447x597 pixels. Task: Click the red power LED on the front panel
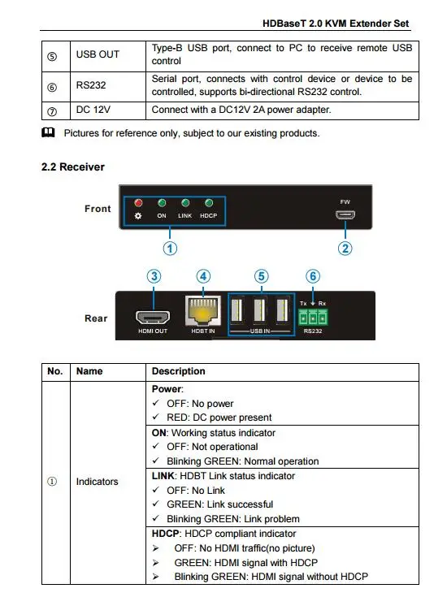138,203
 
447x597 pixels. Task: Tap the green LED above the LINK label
185,203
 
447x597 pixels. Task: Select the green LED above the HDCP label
209,203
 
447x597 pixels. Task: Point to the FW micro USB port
345,215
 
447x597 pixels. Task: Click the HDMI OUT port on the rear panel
153,317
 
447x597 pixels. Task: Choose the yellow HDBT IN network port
203,311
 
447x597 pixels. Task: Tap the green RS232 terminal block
313,317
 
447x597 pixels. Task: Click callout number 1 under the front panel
170,249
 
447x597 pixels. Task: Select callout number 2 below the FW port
345,249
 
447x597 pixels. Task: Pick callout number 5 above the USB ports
262,276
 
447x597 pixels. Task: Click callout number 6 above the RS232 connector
313,276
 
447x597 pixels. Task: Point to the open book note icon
48,132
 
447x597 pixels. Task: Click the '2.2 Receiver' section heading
73,167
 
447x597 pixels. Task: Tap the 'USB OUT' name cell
98,54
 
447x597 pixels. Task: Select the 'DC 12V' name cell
93,110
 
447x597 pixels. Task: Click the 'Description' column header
178,371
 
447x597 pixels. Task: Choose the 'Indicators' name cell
98,482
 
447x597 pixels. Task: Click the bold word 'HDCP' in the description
165,534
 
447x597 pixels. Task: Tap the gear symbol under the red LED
138,216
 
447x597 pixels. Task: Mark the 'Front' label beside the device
98,209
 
